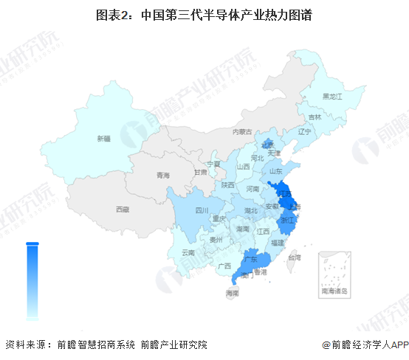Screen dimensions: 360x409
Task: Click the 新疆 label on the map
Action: [x=103, y=138]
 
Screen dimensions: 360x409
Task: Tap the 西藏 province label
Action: [x=123, y=210]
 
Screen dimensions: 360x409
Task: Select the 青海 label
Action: [x=163, y=176]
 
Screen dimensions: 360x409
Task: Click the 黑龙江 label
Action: [x=333, y=96]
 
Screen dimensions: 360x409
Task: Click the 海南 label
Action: [x=233, y=294]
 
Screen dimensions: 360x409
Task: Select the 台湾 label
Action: [x=295, y=257]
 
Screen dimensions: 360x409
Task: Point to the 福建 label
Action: [x=277, y=242]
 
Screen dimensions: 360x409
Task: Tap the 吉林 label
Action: [x=315, y=117]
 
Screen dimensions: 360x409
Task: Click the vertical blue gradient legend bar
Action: [x=32, y=280]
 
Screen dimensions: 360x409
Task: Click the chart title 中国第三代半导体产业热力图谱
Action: [x=205, y=14]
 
